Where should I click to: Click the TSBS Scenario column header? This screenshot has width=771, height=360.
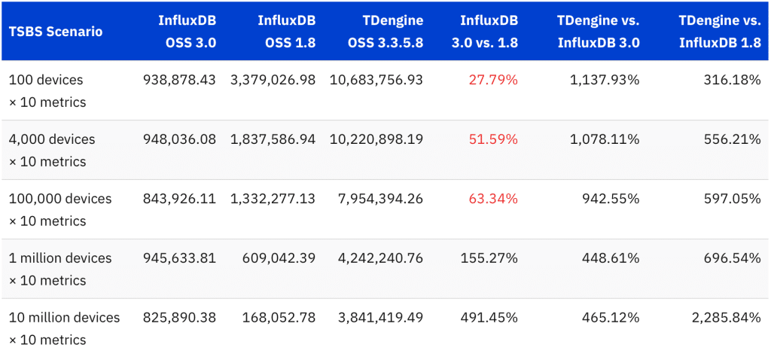56,32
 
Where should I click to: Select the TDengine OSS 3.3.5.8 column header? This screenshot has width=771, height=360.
376,32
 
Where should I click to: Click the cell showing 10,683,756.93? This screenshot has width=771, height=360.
376,80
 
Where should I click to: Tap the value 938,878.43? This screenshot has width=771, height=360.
179,80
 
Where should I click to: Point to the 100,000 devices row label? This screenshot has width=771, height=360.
60,209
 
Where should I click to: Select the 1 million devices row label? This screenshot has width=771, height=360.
60,269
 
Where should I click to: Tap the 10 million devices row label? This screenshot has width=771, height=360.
64,328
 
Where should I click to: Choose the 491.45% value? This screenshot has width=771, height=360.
489,318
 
